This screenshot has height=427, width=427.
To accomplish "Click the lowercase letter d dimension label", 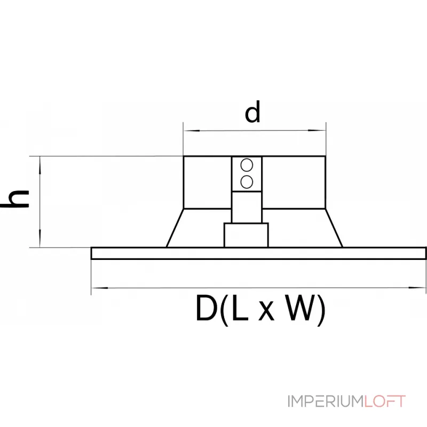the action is (x=252, y=112).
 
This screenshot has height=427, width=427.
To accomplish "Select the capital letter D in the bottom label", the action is (x=206, y=309).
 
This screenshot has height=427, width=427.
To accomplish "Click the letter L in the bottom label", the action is (x=241, y=309).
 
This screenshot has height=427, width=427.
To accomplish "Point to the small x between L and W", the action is (x=266, y=312).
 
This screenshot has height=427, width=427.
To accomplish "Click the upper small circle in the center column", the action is (x=247, y=165).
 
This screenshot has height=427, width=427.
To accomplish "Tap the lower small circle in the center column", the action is (x=247, y=182).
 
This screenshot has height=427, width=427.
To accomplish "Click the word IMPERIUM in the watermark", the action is (x=326, y=401).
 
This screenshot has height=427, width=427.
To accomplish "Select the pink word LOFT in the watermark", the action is (x=385, y=401).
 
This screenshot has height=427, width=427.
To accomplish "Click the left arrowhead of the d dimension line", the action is (x=192, y=131).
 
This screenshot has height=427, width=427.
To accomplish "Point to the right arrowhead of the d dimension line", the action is (x=317, y=130).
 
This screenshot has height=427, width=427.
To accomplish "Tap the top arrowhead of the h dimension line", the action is (x=40, y=165).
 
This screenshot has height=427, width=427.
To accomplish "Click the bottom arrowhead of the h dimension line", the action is (x=40, y=239).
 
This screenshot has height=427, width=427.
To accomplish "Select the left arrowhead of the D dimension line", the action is (x=100, y=288).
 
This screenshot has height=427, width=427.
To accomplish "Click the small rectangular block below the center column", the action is (x=246, y=235).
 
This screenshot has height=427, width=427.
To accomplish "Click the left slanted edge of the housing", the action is (x=175, y=228).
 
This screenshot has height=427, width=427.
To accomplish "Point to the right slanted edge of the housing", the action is (x=334, y=228).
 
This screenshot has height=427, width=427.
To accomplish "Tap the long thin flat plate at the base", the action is (x=258, y=253).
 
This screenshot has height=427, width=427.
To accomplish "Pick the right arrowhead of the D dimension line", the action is (x=417, y=287).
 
